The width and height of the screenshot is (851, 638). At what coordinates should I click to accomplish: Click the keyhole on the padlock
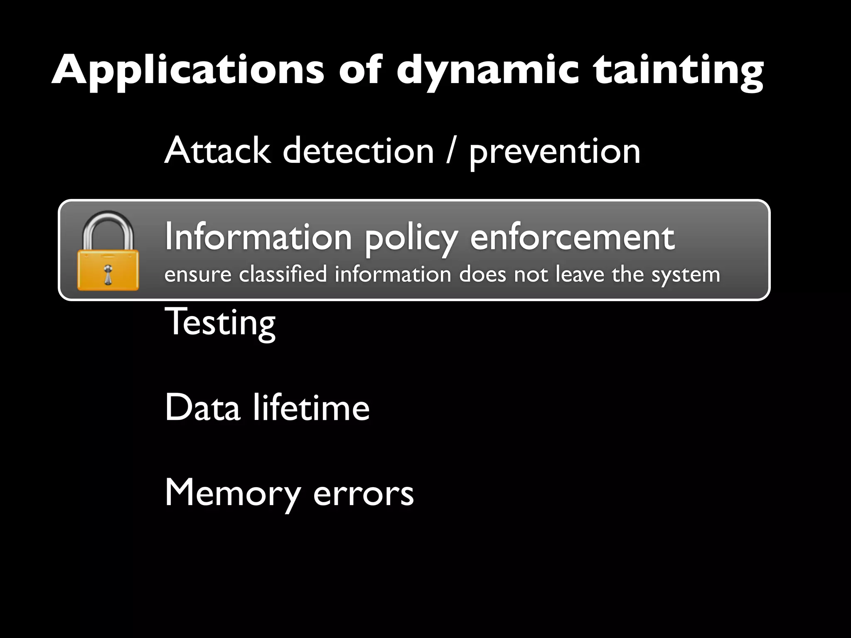[x=108, y=274]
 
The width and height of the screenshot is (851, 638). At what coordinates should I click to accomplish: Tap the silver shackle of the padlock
[x=108, y=228]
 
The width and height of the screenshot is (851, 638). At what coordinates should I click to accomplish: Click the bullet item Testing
[x=220, y=322]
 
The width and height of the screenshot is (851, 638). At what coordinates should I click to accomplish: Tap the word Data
[x=203, y=407]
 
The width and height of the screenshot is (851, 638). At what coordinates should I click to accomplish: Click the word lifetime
[x=311, y=407]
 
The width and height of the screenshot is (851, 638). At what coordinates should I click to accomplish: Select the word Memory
[x=233, y=493]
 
